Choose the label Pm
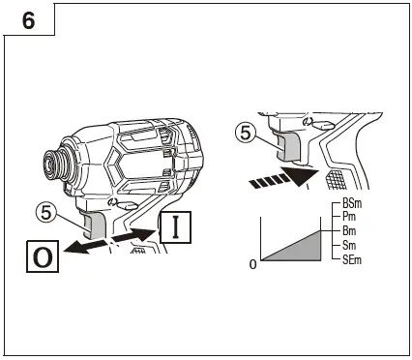(349, 219)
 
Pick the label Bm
(349, 233)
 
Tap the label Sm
(349, 247)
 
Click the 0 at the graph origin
(254, 264)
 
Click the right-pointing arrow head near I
(152, 232)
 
